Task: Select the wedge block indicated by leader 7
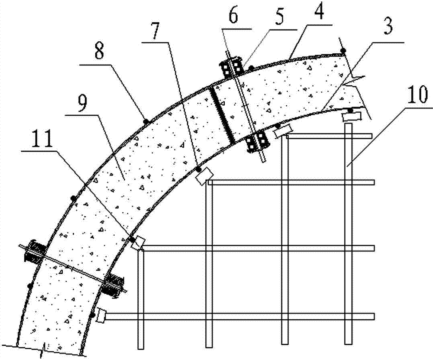pyautogui.click(x=204, y=176)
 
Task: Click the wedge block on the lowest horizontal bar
pyautogui.click(x=101, y=315)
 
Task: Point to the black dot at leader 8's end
pyautogui.click(x=146, y=121)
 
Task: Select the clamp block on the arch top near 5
pyautogui.click(x=232, y=67)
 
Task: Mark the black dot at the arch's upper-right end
pyautogui.click(x=343, y=51)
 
